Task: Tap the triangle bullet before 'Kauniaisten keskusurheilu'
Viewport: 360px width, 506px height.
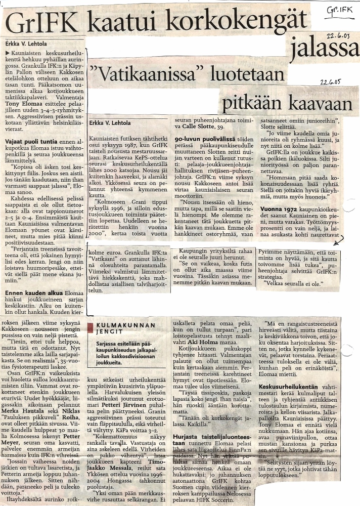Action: pos(7,52)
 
